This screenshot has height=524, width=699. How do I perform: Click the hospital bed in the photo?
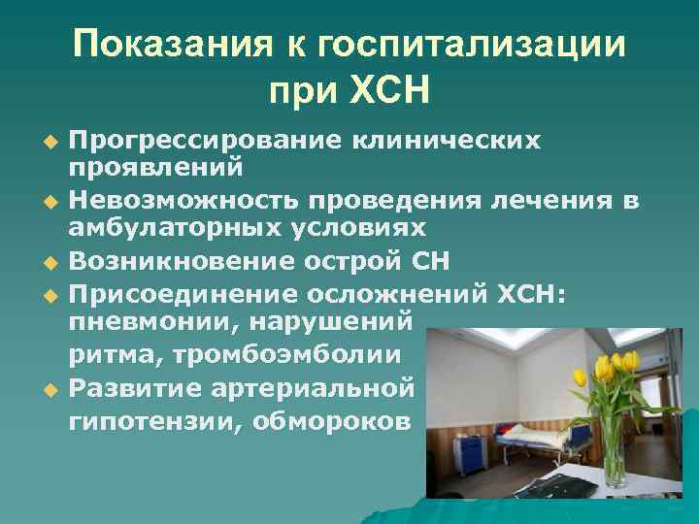pyautogui.click(x=524, y=445)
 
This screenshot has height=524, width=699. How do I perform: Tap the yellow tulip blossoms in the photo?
pyautogui.click(x=607, y=369)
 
